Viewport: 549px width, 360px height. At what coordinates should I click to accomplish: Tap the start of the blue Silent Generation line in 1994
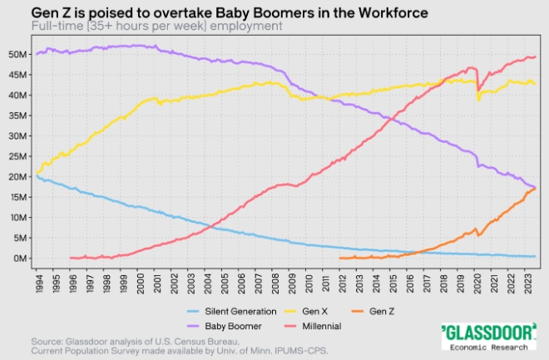tap(37, 176)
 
